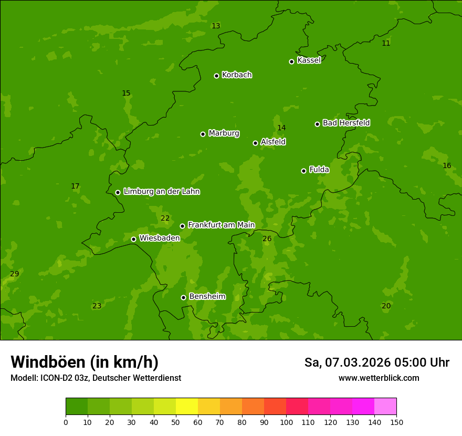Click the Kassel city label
[x=309, y=60]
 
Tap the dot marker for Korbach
[x=216, y=76]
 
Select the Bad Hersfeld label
[x=346, y=123]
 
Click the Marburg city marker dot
[x=203, y=134]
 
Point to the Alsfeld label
[x=273, y=142]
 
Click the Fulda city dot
[x=303, y=171]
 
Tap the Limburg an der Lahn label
[x=161, y=192]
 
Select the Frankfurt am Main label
[x=221, y=225]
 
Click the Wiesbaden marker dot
[x=133, y=239]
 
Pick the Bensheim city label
[x=207, y=296]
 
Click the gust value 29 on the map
[x=15, y=274]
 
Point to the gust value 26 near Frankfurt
[x=267, y=239]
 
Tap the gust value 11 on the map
[x=386, y=44]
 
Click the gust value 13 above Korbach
[x=216, y=26]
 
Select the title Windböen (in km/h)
[x=85, y=362]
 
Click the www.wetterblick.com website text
[x=379, y=378]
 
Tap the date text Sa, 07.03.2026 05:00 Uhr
[x=376, y=362]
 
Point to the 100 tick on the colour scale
[x=286, y=422]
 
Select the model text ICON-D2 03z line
[x=96, y=378]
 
